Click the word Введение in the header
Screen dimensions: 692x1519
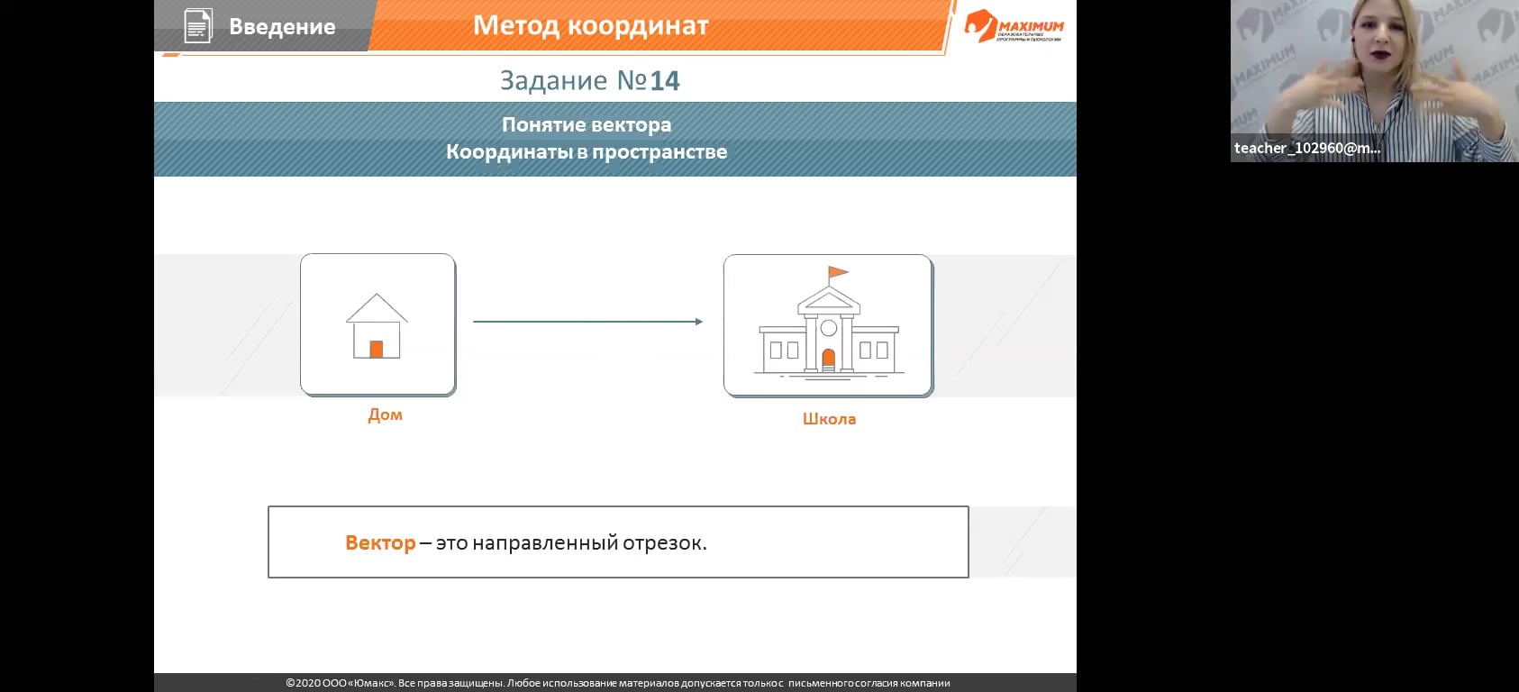click(x=282, y=27)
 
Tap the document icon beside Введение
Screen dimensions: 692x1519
click(x=197, y=26)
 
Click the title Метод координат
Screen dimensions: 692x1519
click(x=590, y=26)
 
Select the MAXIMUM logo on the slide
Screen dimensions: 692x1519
click(x=1014, y=27)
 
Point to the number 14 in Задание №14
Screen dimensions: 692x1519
click(x=665, y=81)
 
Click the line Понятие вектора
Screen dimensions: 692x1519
click(x=586, y=124)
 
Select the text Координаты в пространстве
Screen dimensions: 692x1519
click(x=586, y=151)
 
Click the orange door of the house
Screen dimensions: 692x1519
click(x=377, y=349)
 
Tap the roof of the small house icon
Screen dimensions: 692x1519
click(x=377, y=306)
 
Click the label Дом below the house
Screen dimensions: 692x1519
click(x=385, y=414)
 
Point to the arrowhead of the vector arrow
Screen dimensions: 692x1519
click(x=698, y=322)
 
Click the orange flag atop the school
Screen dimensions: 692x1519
click(x=838, y=271)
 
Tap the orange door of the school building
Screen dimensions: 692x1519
click(x=829, y=360)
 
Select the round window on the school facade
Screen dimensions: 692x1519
click(x=829, y=328)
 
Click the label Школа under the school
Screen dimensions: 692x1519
click(x=829, y=419)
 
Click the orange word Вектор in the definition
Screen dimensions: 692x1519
click(x=380, y=543)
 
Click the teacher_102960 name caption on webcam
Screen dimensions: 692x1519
click(x=1306, y=149)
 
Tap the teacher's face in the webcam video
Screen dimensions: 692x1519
click(x=1386, y=41)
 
